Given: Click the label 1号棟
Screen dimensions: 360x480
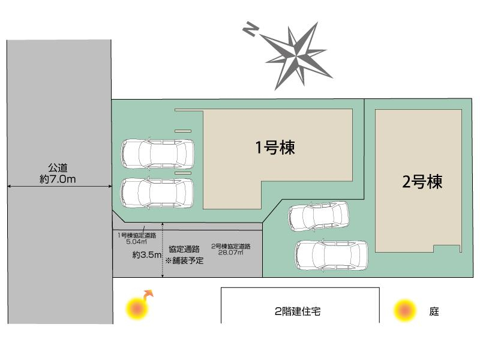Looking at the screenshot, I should click(x=275, y=148).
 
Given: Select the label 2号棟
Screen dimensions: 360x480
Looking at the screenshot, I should click(x=422, y=182).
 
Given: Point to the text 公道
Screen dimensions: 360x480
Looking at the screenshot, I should click(x=58, y=168).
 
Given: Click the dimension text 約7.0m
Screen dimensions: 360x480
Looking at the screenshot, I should click(x=58, y=179).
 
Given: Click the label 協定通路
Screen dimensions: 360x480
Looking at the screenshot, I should click(x=184, y=249).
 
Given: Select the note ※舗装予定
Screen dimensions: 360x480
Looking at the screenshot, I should click(x=184, y=261).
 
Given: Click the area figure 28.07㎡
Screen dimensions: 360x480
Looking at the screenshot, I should click(x=231, y=253).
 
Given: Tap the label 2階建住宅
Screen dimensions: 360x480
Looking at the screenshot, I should click(x=298, y=312).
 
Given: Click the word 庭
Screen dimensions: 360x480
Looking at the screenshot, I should click(x=434, y=311).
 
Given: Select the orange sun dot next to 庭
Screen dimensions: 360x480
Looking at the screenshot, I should click(x=405, y=311).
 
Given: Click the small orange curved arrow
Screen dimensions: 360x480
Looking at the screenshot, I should click(x=147, y=295).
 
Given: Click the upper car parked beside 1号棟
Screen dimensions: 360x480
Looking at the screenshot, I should click(x=158, y=154).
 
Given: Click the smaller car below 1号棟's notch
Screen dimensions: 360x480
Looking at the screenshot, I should click(x=318, y=216).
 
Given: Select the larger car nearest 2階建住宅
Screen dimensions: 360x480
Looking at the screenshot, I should click(x=331, y=256).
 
